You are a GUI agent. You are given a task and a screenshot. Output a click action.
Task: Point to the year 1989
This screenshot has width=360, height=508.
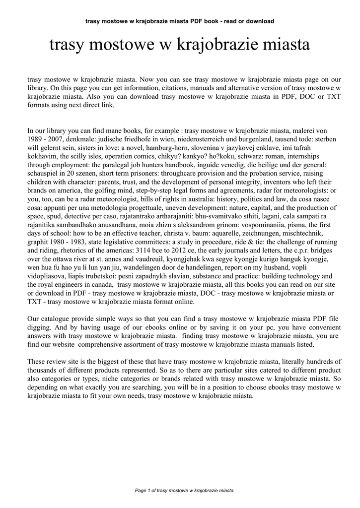[36, 139]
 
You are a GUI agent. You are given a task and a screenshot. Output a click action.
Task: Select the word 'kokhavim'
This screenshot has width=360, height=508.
[43, 156]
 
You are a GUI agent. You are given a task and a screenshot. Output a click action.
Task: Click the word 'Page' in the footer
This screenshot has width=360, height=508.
[141, 490]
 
